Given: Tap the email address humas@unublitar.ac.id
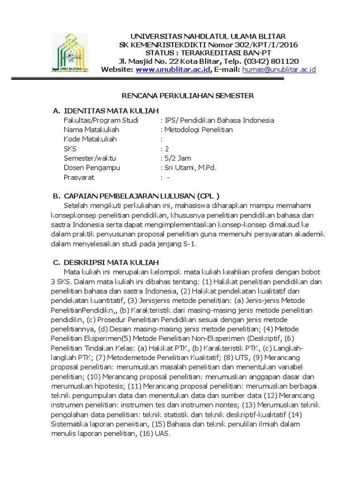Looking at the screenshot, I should pos(279,70).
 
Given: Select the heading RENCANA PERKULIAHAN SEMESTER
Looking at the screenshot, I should pos(187,96).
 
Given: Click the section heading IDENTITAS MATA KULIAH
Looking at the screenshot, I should pos(112,111).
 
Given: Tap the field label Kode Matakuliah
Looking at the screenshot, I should pos(90,139).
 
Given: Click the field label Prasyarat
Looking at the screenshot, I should pos(79,177).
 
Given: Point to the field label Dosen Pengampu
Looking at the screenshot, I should pos(91,167).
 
